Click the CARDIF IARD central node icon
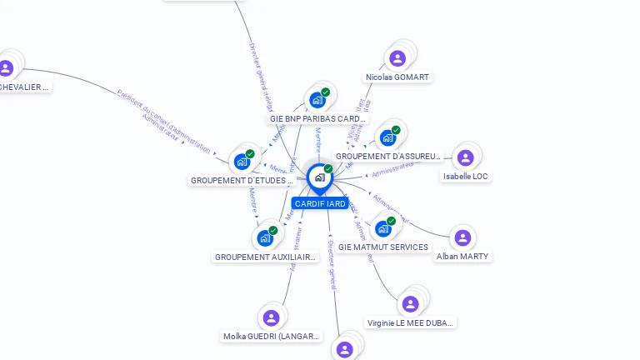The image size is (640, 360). tap(319, 177)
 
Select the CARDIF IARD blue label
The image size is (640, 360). tap(320, 203)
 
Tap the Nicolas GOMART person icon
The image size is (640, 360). tap(397, 58)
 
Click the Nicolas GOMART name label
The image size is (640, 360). tap(397, 77)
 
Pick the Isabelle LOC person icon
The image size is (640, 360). tap(465, 157)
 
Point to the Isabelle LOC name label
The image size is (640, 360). tap(466, 177)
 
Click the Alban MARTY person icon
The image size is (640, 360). tap(462, 238)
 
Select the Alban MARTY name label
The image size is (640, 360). tap(462, 257)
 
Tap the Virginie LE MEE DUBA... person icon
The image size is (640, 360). tap(410, 304)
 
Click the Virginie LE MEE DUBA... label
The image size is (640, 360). tap(411, 322)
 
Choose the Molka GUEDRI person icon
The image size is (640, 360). tap(271, 317)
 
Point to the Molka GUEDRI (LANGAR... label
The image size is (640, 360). tap(272, 337)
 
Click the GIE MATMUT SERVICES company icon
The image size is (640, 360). tap(382, 228)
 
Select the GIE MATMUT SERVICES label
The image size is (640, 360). tap(383, 247)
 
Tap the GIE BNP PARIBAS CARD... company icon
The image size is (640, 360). tap(317, 100)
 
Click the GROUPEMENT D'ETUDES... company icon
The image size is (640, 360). tap(242, 162)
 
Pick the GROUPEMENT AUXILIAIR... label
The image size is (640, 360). tap(265, 257)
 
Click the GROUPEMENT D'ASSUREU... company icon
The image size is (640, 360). tap(387, 137)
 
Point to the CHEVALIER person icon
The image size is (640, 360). tap(7, 68)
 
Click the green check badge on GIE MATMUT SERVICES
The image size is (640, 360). tap(391, 221)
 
